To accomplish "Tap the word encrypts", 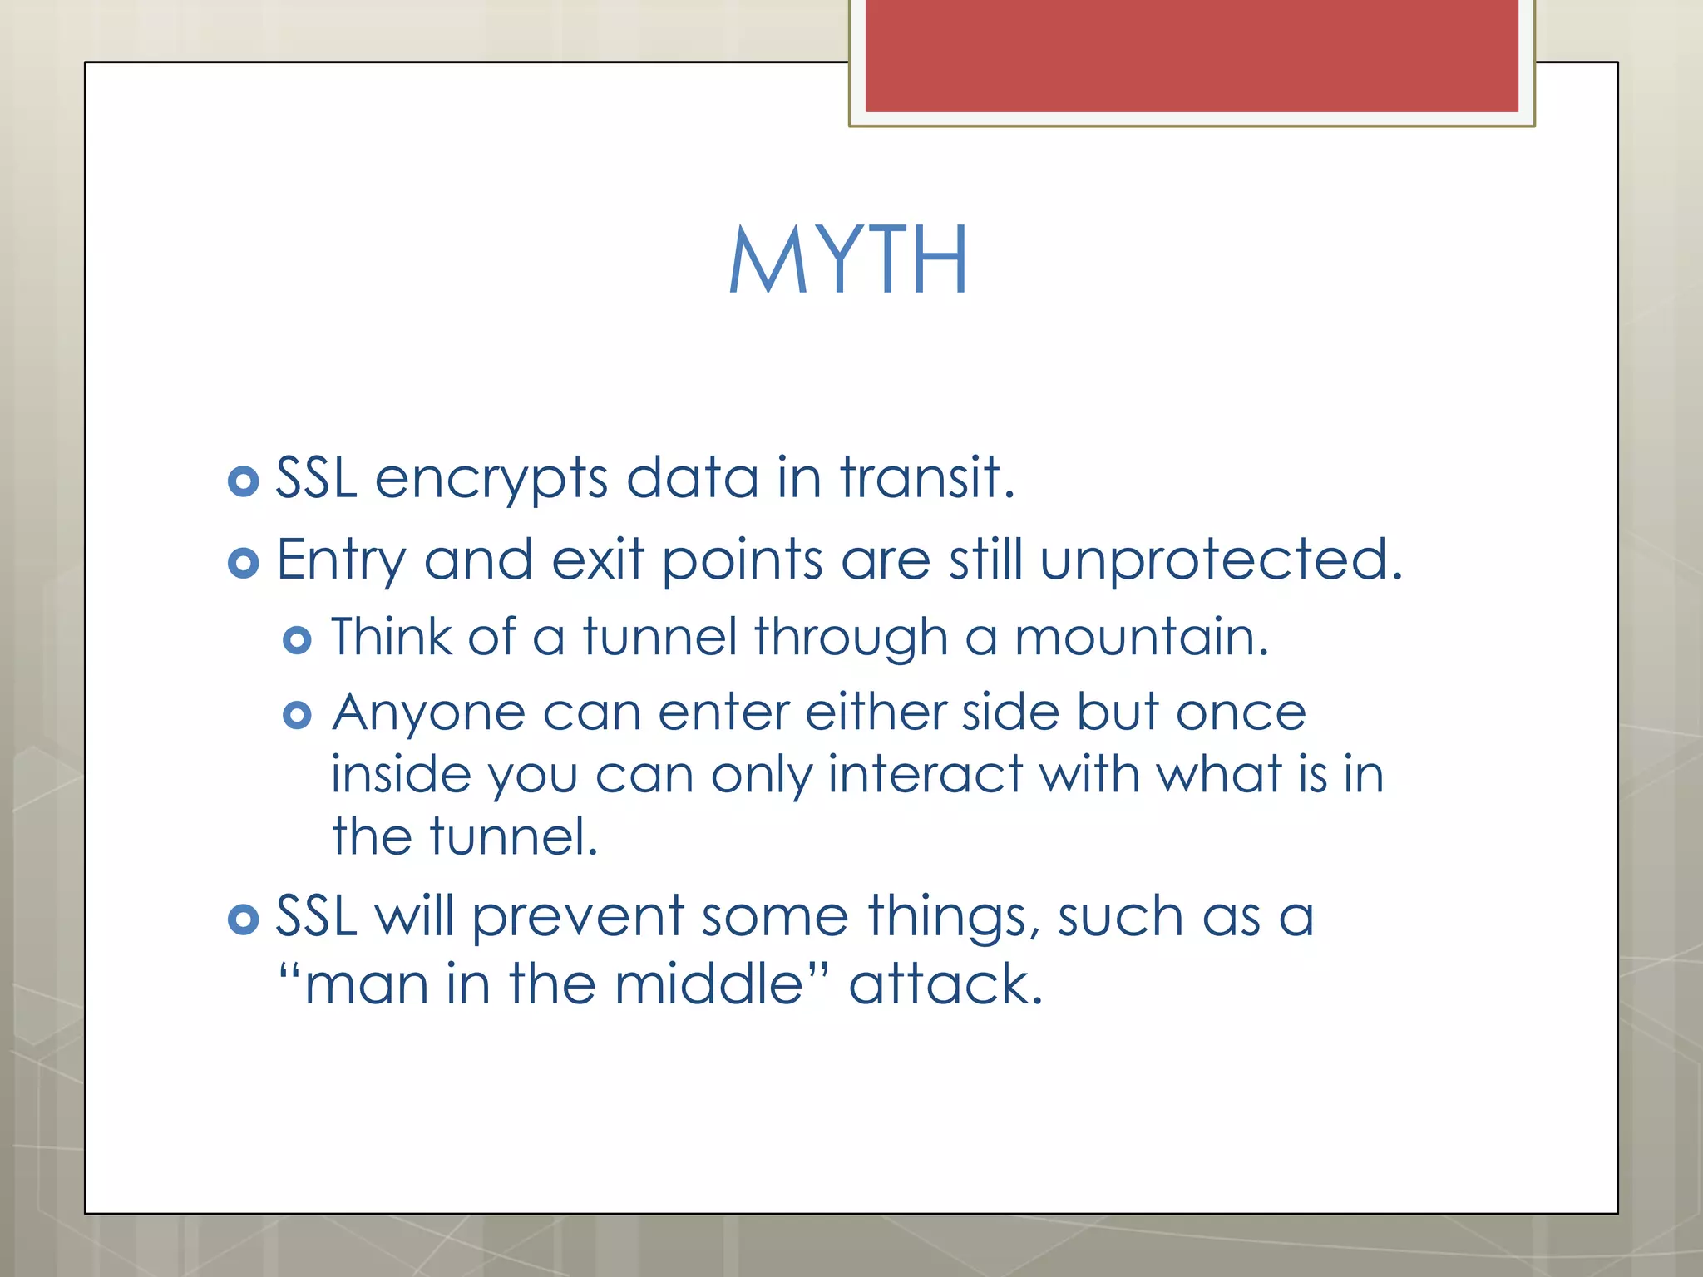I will (x=491, y=480).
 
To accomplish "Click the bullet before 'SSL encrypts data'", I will (x=243, y=481).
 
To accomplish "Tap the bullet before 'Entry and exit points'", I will (x=243, y=564).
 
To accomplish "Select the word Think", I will (x=391, y=638).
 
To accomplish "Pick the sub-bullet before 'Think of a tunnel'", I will (x=297, y=640).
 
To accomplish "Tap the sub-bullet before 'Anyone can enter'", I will (x=297, y=715).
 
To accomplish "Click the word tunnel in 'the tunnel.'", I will (x=513, y=837).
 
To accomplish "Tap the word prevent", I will (x=578, y=917).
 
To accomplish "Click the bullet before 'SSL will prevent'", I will (x=243, y=920).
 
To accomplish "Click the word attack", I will (x=945, y=984).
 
